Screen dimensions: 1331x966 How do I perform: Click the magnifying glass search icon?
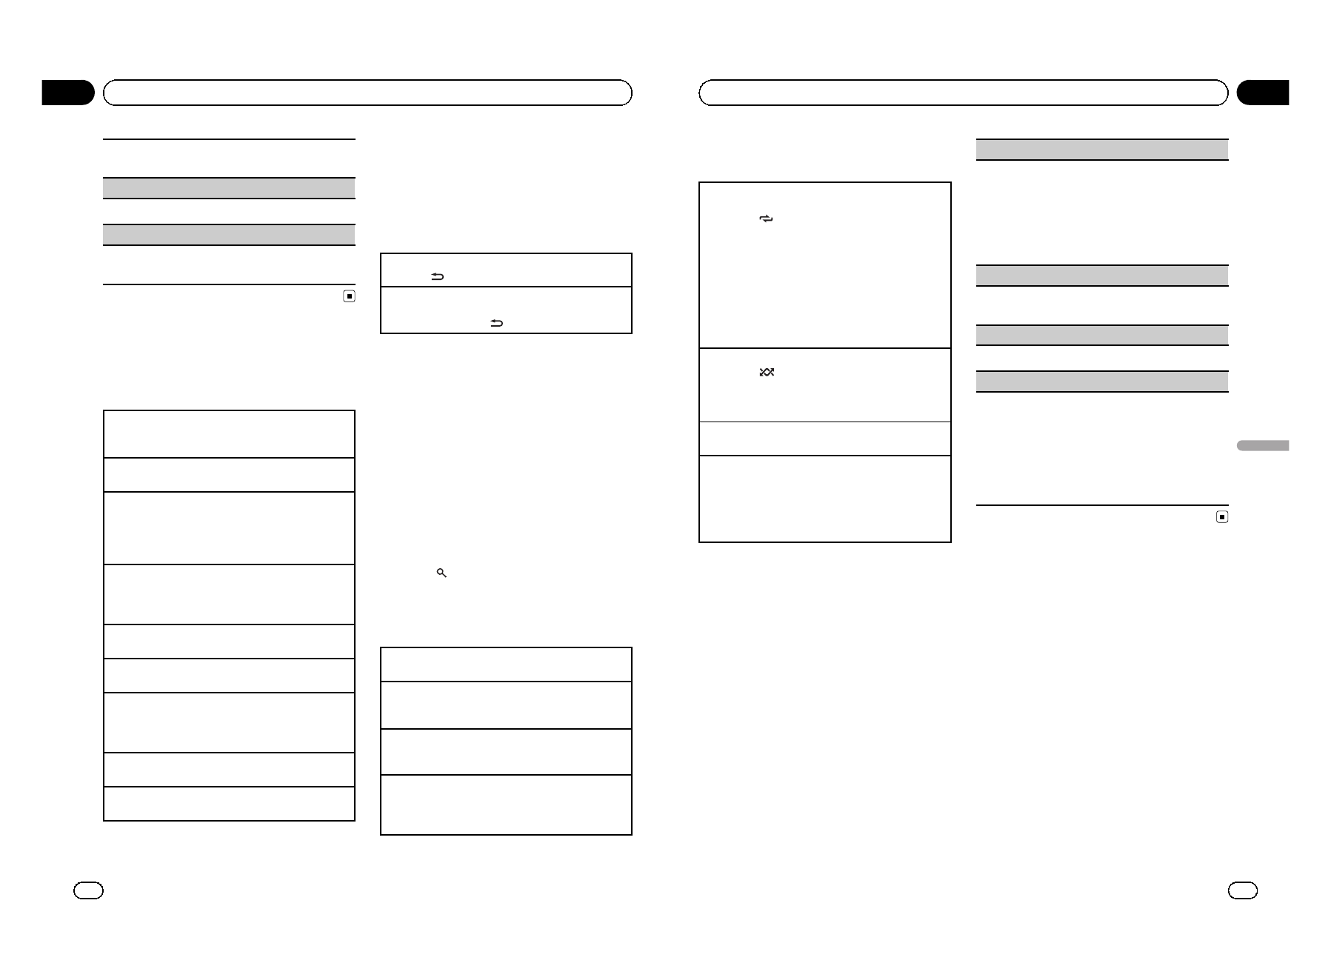point(441,573)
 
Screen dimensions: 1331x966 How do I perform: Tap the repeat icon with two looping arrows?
point(766,219)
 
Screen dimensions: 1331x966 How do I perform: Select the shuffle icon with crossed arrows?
point(767,372)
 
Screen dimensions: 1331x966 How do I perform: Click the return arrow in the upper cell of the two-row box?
point(437,277)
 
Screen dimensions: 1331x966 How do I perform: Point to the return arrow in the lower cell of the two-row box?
point(496,323)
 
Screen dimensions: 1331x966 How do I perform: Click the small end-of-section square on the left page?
point(350,296)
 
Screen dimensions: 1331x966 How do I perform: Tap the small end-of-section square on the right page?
point(1222,517)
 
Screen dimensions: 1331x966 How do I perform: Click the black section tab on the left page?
point(68,93)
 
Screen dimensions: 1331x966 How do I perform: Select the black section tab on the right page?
point(1263,93)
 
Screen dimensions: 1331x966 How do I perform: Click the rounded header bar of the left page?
point(367,93)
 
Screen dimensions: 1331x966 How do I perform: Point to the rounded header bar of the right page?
point(963,93)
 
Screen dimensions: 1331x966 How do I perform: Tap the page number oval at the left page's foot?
point(88,890)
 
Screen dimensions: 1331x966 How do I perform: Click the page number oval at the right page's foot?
point(1242,890)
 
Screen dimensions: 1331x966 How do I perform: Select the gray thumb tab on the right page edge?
point(1262,446)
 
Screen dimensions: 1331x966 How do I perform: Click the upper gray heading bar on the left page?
point(229,188)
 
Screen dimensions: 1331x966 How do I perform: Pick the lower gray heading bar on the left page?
point(229,235)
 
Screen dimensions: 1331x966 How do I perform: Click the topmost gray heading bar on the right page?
point(1102,150)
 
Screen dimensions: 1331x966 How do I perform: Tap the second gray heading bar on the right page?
point(1102,276)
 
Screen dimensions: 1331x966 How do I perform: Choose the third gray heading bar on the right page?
point(1102,336)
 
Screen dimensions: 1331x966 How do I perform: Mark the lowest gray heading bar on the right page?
point(1102,382)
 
